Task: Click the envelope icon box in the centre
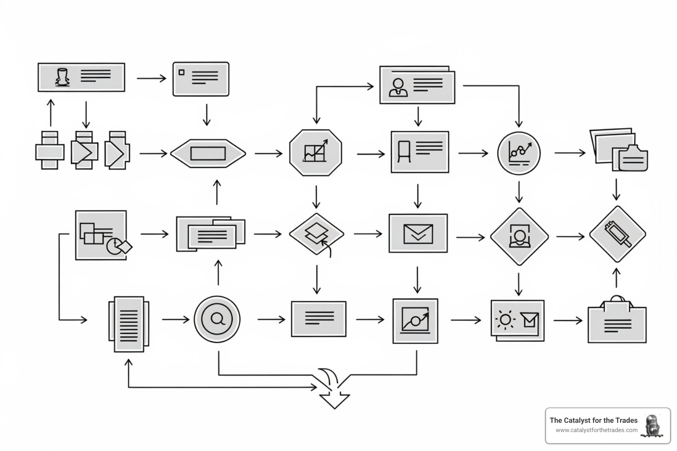point(418,233)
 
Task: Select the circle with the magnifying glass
point(217,319)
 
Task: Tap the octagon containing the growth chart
point(316,153)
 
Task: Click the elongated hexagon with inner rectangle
point(208,153)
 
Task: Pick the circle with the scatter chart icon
point(519,153)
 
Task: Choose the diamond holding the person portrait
point(519,237)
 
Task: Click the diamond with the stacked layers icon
point(316,233)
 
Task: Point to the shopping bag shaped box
point(617,322)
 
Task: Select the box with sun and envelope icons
point(517,320)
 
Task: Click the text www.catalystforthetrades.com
point(596,430)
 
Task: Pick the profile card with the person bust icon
point(417,85)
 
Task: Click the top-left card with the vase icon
point(81,78)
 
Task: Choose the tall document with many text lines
point(129,324)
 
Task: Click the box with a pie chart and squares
point(101,235)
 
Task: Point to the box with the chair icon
point(420,152)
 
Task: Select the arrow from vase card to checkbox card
point(151,78)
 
